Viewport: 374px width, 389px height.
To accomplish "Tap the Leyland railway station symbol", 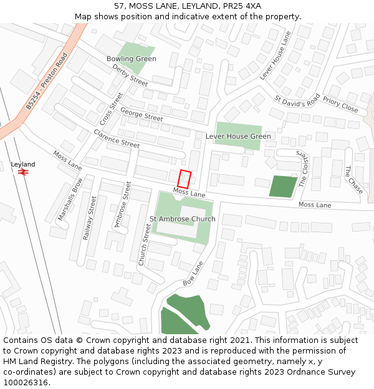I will pyautogui.click(x=24, y=172).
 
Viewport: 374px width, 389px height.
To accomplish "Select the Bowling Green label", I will pyautogui.click(x=131, y=59).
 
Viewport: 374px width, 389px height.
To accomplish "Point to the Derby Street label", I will pyautogui.click(x=130, y=75).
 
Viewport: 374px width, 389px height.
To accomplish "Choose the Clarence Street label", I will pyautogui.click(x=117, y=138).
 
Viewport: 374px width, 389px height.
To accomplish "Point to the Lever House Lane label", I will pyautogui.click(x=275, y=55).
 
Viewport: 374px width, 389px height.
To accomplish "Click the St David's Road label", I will pyautogui.click(x=297, y=100).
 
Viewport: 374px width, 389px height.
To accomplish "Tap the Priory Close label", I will pyautogui.click(x=340, y=107).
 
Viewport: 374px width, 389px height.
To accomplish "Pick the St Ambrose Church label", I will pyautogui.click(x=182, y=219).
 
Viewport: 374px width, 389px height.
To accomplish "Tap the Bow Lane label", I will pyautogui.click(x=193, y=273).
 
